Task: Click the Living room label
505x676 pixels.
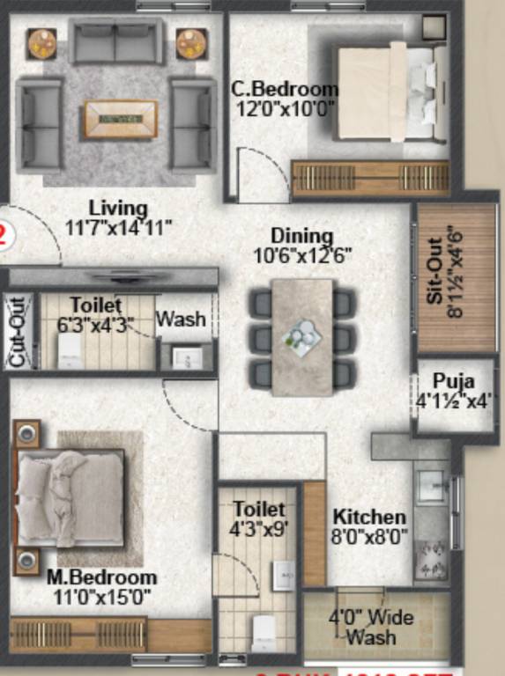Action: pos(117,209)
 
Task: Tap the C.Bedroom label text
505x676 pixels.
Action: pos(285,89)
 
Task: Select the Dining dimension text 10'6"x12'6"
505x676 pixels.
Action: pos(301,255)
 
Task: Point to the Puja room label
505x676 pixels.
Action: pos(454,382)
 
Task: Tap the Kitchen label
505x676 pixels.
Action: pos(369,517)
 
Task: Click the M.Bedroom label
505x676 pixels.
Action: pos(102,578)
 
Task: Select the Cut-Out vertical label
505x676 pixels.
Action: pos(17,332)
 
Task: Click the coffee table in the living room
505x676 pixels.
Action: pos(121,119)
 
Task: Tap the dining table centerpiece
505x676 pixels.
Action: pos(302,336)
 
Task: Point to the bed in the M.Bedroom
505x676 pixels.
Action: pos(71,497)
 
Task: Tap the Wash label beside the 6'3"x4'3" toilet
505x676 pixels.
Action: pos(182,319)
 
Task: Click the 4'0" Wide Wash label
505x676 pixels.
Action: pos(364,626)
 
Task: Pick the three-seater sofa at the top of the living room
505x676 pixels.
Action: pos(117,40)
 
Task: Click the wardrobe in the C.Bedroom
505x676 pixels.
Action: pos(370,179)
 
